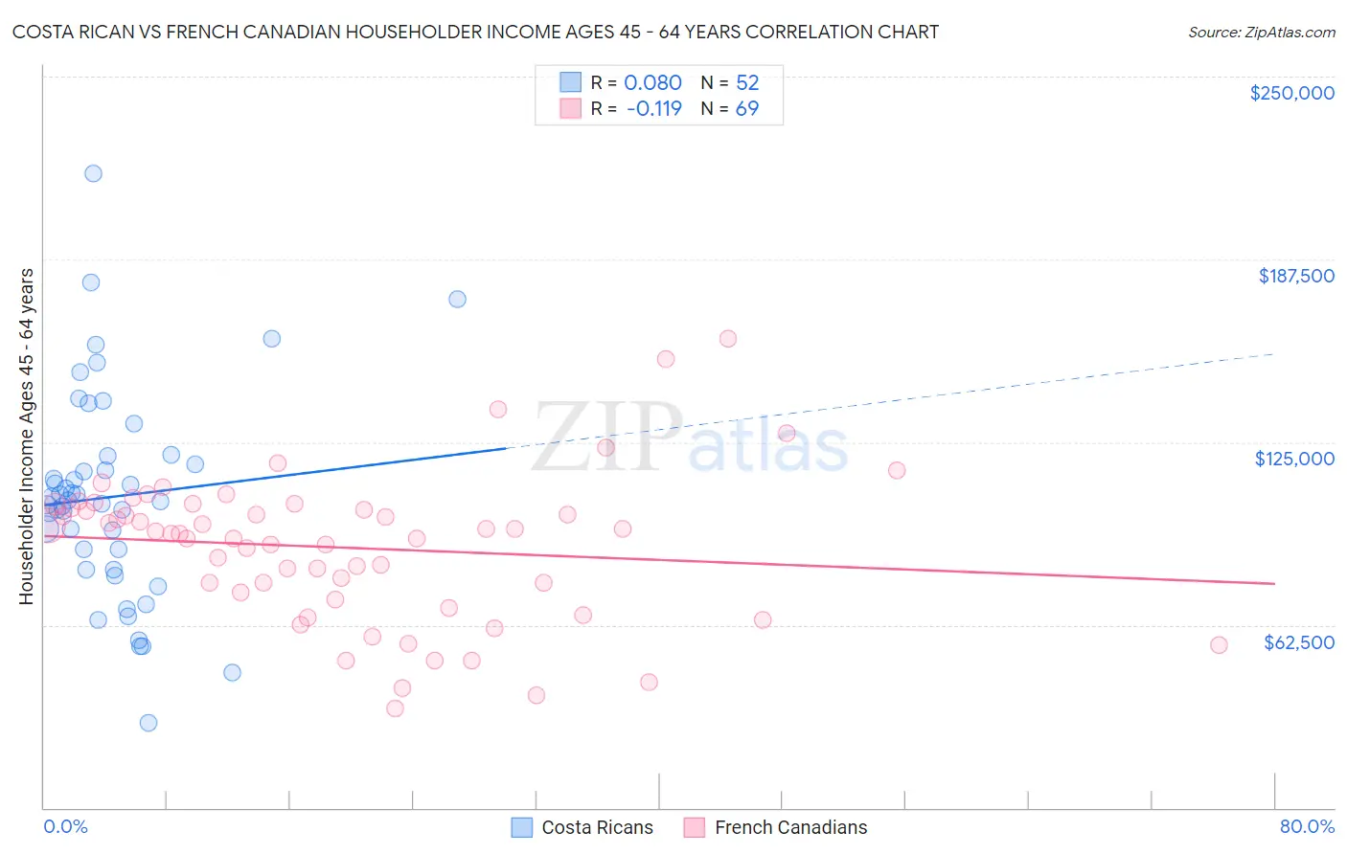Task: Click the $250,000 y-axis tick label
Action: pyautogui.click(x=1291, y=93)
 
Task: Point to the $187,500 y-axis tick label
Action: pyautogui.click(x=1295, y=276)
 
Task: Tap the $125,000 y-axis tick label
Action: pyautogui.click(x=1294, y=459)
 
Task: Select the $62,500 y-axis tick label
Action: pyautogui.click(x=1298, y=642)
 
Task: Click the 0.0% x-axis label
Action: pyautogui.click(x=65, y=826)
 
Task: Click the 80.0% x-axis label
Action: pyautogui.click(x=1307, y=826)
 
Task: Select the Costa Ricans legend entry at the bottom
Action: pyautogui.click(x=582, y=827)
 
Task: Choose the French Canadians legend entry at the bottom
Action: pyautogui.click(x=775, y=827)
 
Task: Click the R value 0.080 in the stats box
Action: pyautogui.click(x=652, y=83)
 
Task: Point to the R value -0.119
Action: pyautogui.click(x=653, y=109)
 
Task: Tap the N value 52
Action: pyautogui.click(x=746, y=83)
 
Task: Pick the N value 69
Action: pyautogui.click(x=746, y=109)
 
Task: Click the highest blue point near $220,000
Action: pyautogui.click(x=93, y=173)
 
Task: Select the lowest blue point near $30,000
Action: pyautogui.click(x=148, y=723)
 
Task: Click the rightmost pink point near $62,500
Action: pyautogui.click(x=1219, y=645)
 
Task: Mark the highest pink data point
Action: pyautogui.click(x=728, y=339)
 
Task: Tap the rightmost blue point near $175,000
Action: pyautogui.click(x=458, y=299)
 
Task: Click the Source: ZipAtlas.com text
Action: pyautogui.click(x=1261, y=33)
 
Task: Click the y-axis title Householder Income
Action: pyautogui.click(x=26, y=436)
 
